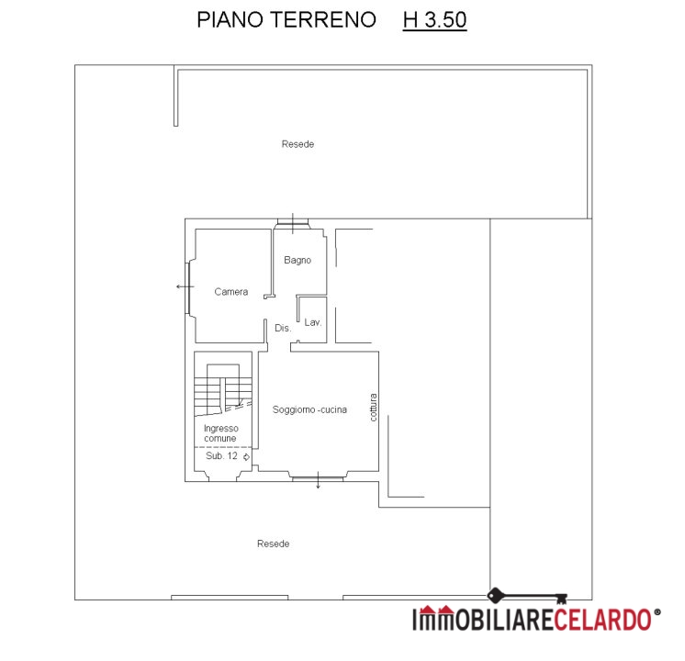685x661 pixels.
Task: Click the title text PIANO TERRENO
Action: [x=286, y=19]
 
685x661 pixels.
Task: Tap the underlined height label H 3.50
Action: [x=434, y=20]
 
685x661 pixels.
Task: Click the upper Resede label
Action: [x=298, y=144]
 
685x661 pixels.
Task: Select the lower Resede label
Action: [x=273, y=543]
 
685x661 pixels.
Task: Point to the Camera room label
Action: [x=231, y=292]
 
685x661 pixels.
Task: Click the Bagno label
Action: [x=298, y=261]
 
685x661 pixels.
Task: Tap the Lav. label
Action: [x=313, y=322]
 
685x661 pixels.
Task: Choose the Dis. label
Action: [x=283, y=328]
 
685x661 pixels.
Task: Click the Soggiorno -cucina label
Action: [x=309, y=409]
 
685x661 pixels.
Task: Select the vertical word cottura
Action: [x=373, y=408]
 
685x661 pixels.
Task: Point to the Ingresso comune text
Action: [x=221, y=433]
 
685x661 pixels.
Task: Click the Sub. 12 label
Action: [x=221, y=456]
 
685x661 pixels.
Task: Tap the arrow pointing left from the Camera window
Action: [x=185, y=286]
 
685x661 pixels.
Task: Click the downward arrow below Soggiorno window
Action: [x=318, y=480]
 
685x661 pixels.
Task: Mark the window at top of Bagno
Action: [x=293, y=224]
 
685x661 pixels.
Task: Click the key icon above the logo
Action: [x=527, y=596]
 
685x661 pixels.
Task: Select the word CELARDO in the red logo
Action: [x=603, y=620]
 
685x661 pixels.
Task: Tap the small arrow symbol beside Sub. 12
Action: [x=246, y=457]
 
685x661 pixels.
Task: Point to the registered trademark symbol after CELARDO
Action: [x=657, y=612]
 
